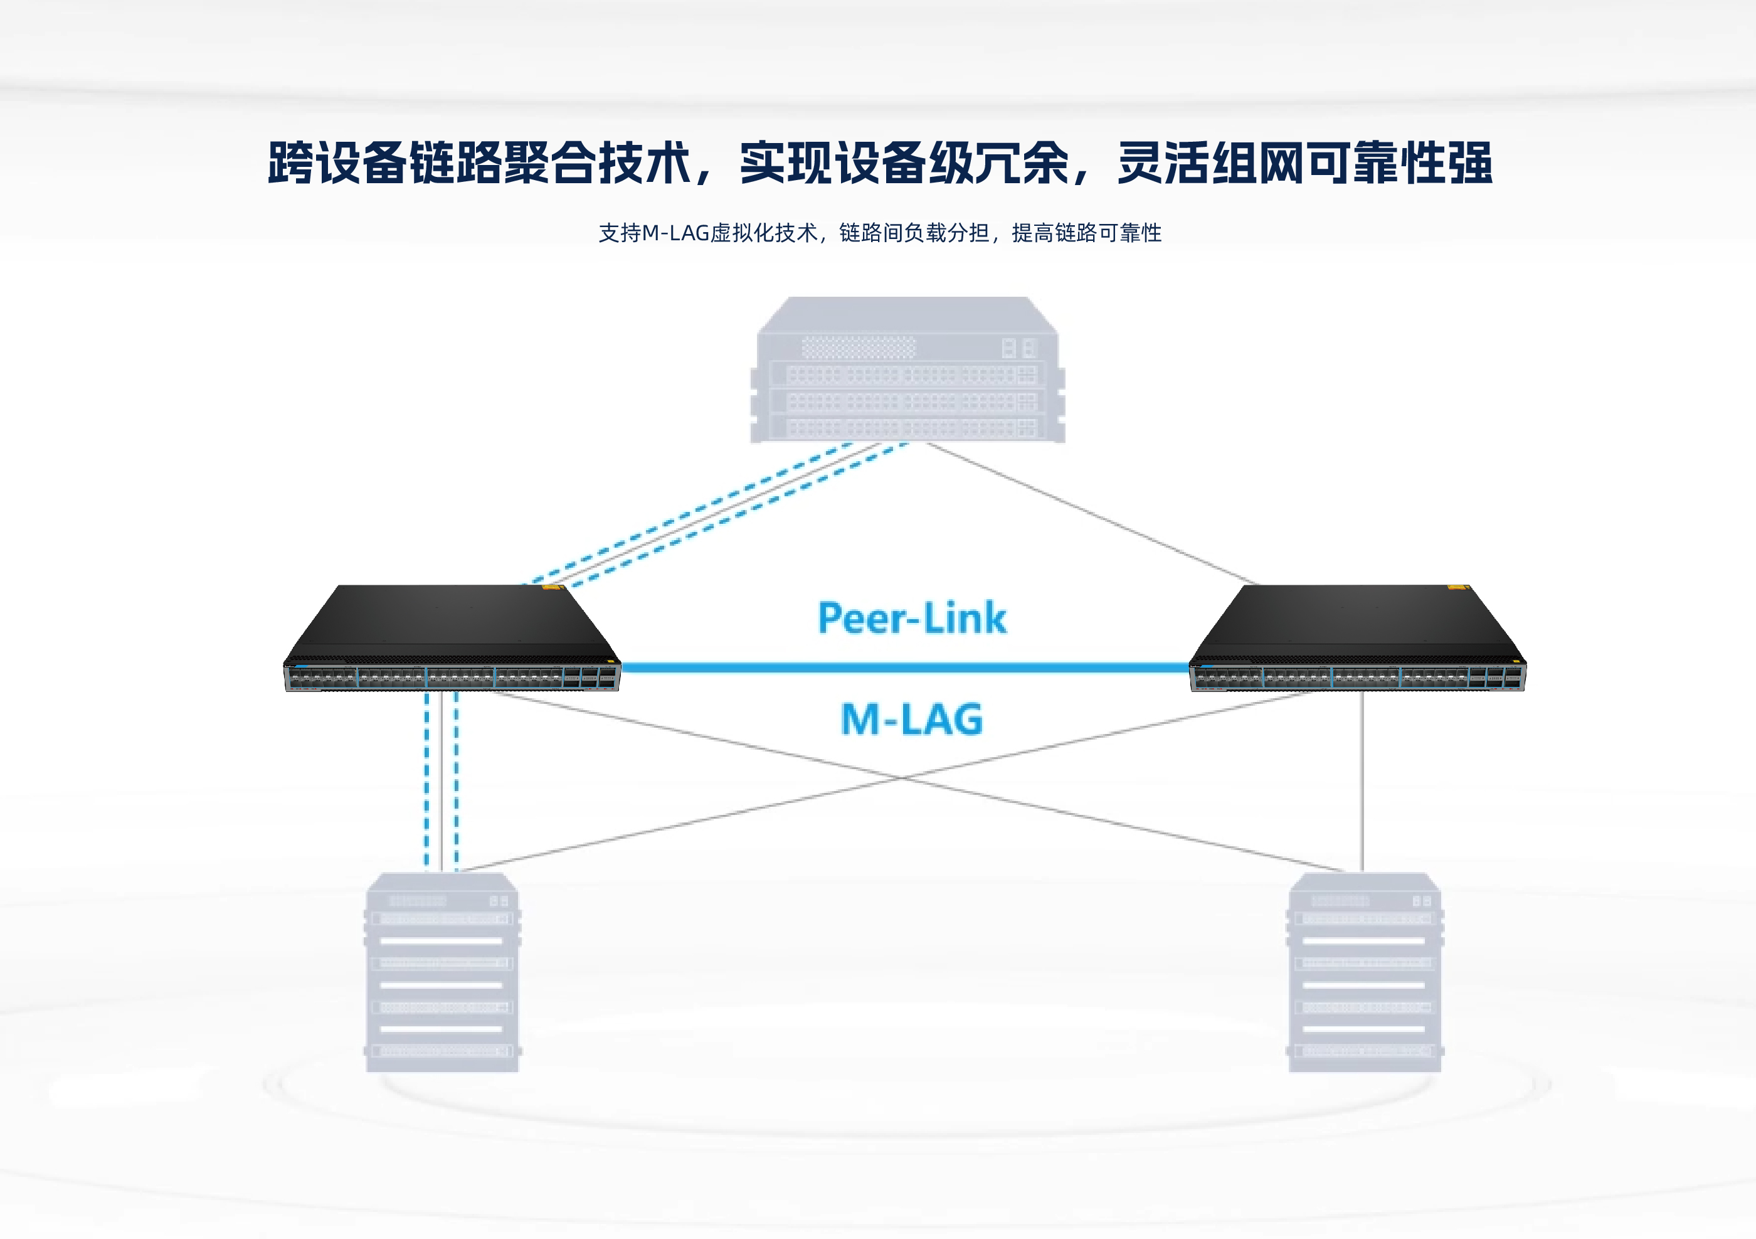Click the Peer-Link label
912,618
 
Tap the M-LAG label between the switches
912,720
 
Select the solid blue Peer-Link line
902,667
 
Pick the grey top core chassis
908,371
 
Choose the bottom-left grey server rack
443,971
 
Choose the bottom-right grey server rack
1365,971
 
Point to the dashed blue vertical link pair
442,780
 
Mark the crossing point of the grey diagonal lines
905,778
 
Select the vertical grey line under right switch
1362,780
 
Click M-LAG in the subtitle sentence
675,233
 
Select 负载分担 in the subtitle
947,233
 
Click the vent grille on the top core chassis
858,347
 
